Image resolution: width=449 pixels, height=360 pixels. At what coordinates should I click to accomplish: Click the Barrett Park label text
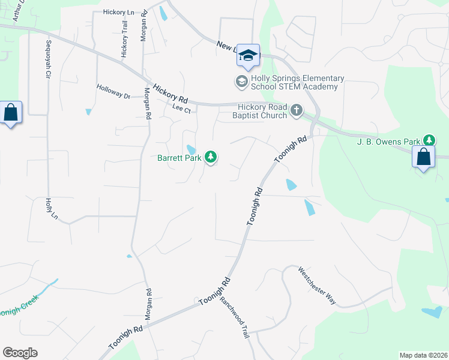tap(179, 158)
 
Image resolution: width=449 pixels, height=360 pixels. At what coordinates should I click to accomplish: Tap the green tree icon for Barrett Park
tap(210, 157)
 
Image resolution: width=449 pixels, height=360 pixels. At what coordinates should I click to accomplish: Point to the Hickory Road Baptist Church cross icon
tap(297, 110)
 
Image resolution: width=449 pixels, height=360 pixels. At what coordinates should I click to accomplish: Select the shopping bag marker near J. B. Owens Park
tap(424, 157)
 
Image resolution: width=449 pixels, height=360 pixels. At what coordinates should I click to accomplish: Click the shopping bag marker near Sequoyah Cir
tap(11, 112)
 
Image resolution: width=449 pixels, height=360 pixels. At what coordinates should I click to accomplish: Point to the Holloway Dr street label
tap(113, 91)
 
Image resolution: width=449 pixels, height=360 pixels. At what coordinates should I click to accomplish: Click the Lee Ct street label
tap(181, 109)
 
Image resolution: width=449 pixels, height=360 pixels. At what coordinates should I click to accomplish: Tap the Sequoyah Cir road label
tap(47, 60)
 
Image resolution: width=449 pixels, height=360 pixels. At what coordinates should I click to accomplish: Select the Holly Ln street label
tap(50, 208)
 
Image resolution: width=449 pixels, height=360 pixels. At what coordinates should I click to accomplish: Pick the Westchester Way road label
tap(318, 286)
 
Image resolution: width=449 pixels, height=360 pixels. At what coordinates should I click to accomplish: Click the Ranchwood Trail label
tap(235, 318)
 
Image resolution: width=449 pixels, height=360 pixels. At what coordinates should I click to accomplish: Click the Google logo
tap(20, 353)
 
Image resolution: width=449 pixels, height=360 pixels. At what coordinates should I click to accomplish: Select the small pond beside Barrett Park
tap(191, 149)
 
